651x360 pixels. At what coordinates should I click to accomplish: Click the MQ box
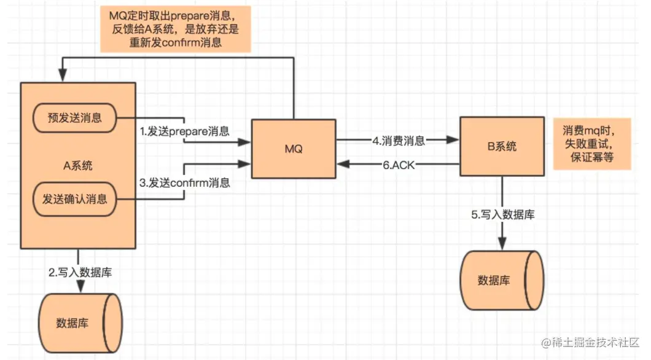coord(294,149)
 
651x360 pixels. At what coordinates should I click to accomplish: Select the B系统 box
coord(502,146)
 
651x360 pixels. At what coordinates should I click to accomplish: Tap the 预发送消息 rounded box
coord(75,118)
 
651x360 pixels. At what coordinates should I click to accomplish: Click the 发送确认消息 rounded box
coord(75,199)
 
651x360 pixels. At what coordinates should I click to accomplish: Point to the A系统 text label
coord(77,166)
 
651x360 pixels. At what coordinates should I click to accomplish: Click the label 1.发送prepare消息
coord(185,131)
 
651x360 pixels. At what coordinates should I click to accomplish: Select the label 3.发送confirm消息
coord(185,182)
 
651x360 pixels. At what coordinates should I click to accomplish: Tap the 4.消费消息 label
coord(399,141)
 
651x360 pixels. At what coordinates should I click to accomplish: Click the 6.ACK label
coord(399,165)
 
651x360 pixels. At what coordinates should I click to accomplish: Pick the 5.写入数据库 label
coord(503,214)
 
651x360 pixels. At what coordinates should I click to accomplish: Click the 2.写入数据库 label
coord(80,272)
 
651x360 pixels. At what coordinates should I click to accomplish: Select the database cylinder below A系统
coord(80,323)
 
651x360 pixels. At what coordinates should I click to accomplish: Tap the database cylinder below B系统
coord(502,280)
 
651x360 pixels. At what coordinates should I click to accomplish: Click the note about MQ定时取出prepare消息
coord(176,29)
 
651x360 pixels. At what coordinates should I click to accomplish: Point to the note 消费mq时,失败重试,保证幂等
coord(592,144)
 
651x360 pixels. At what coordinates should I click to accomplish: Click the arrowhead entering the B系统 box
coord(453,140)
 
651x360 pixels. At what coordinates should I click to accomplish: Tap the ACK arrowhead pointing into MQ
coord(343,164)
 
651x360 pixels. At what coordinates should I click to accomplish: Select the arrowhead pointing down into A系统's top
coord(63,76)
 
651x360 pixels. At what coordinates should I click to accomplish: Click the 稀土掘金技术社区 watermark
coord(590,342)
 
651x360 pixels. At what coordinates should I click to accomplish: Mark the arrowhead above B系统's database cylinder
coord(502,243)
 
